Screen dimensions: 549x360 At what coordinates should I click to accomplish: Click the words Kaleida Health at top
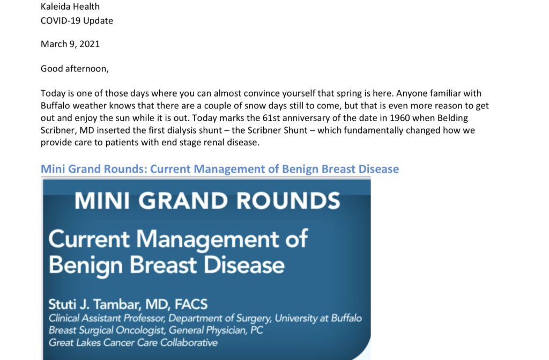pyautogui.click(x=70, y=6)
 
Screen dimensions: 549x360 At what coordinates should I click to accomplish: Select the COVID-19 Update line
pyautogui.click(x=77, y=21)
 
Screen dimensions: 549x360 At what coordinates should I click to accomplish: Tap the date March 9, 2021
pyautogui.click(x=70, y=44)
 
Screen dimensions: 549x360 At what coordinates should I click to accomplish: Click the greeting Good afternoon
pyautogui.click(x=75, y=68)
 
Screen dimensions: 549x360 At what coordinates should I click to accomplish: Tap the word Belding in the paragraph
pyautogui.click(x=452, y=118)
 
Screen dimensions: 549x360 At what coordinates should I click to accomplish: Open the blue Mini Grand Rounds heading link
pyautogui.click(x=220, y=169)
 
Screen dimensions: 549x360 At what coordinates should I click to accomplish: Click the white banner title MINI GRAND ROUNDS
pyautogui.click(x=207, y=201)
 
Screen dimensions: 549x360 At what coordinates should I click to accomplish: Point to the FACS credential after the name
pyautogui.click(x=191, y=304)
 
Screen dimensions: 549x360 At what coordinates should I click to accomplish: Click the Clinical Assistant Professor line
pyautogui.click(x=205, y=318)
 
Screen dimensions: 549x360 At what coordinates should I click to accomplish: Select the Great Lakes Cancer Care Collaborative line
pyautogui.click(x=133, y=342)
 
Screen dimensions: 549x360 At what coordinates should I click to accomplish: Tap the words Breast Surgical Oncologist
pyautogui.click(x=107, y=330)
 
